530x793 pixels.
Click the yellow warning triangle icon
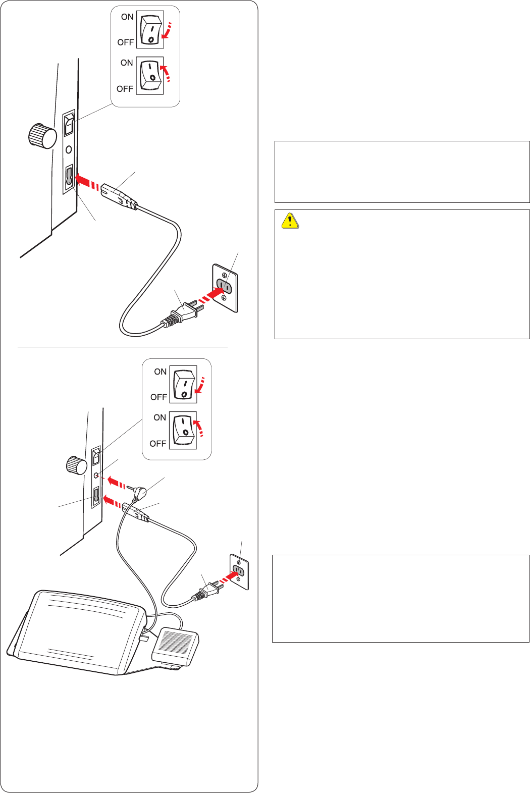coord(290,221)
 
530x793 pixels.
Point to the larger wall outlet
coord(225,288)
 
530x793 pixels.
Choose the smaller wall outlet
coord(239,571)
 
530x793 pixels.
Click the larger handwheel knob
coord(42,135)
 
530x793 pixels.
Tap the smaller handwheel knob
coord(76,464)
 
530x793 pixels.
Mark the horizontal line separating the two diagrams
coord(123,347)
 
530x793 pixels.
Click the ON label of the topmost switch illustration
coord(127,17)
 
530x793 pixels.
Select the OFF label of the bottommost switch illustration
coord(157,444)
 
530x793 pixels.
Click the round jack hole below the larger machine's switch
coord(69,150)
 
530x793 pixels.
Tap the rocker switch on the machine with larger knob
coord(69,124)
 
